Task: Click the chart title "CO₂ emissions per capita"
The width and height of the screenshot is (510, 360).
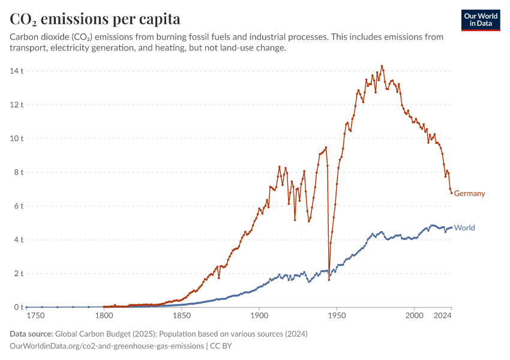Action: [95, 19]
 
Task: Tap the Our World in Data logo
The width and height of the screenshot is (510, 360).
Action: [481, 20]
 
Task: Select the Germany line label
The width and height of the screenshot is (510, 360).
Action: [469, 194]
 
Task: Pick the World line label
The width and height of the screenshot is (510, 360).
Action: [464, 228]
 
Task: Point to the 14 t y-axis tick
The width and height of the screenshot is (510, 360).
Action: [16, 71]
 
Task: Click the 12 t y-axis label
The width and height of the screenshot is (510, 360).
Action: [16, 105]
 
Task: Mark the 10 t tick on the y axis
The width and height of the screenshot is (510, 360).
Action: [16, 139]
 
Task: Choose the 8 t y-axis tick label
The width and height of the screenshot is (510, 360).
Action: [17, 172]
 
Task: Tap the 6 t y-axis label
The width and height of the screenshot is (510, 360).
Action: [17, 206]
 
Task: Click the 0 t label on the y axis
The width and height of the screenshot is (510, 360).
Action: [17, 307]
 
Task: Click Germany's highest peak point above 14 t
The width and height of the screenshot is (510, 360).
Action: [382, 66]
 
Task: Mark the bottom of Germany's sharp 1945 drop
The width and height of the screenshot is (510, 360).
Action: [329, 280]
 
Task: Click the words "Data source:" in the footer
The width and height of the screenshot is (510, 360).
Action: [31, 334]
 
